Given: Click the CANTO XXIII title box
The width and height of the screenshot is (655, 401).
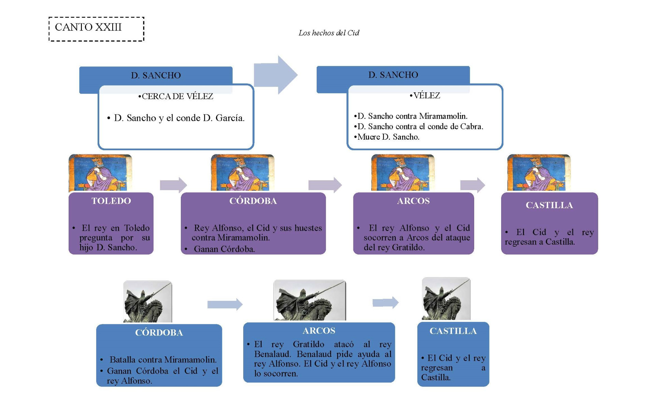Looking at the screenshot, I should click(x=96, y=29).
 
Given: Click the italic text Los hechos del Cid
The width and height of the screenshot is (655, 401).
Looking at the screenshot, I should click(x=329, y=33).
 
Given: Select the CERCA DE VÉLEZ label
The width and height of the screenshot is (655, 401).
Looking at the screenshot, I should click(x=176, y=96).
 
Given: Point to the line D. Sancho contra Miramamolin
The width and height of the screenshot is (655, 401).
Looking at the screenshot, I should click(x=411, y=116).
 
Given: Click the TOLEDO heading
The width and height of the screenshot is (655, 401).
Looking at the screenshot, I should click(x=111, y=201).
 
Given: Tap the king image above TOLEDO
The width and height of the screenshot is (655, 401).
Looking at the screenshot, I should click(x=100, y=173).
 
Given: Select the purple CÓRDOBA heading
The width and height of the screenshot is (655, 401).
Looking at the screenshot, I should click(x=253, y=201).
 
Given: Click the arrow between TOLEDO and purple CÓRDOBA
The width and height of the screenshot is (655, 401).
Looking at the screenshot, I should click(x=173, y=185).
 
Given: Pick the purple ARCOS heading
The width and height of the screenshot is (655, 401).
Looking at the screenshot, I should click(x=413, y=201).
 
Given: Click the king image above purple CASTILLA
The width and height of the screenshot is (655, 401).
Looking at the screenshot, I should click(x=539, y=173).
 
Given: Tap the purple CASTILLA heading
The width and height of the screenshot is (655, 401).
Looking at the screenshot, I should click(x=549, y=205).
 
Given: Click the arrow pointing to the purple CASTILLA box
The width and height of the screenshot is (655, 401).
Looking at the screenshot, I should click(x=472, y=185).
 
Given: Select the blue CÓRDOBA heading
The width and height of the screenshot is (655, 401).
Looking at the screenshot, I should click(x=159, y=333).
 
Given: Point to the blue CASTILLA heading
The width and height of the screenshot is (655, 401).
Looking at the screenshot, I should click(x=453, y=331).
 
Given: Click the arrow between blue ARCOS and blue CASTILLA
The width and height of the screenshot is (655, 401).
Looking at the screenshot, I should click(x=385, y=302).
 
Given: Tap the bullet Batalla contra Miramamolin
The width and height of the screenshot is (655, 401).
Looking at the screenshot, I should click(x=163, y=360).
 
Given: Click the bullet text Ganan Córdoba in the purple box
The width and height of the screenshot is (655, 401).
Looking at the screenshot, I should click(x=224, y=249).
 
